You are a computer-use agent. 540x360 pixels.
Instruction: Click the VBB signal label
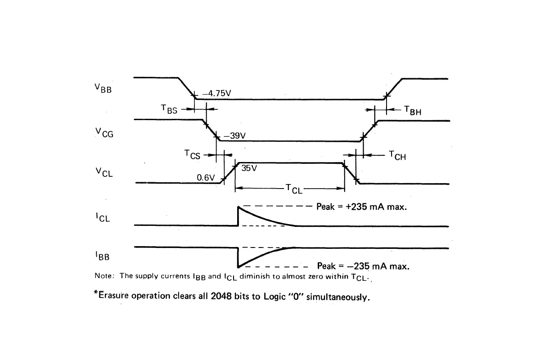(x=103, y=88)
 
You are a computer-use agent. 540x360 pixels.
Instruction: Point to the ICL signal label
(x=103, y=218)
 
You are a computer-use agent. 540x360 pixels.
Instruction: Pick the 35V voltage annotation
(x=249, y=169)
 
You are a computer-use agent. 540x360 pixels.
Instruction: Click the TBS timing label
(x=169, y=109)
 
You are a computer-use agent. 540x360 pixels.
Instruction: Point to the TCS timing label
(x=192, y=155)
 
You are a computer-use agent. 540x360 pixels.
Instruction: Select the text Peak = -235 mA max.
(x=363, y=266)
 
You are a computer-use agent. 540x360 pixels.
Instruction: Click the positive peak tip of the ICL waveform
(x=238, y=206)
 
